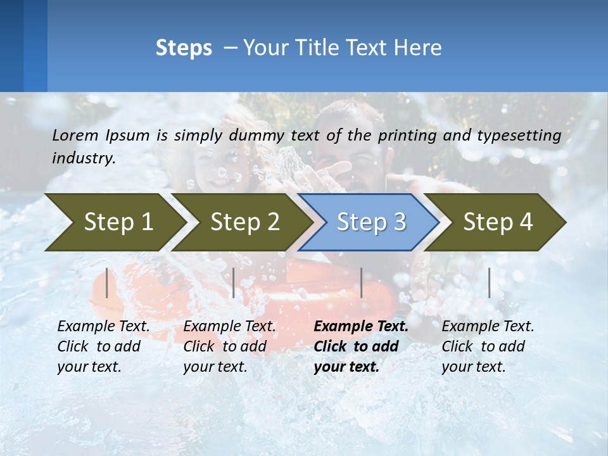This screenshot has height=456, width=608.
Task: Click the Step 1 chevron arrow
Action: click(114, 222)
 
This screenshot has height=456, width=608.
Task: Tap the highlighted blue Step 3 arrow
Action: click(370, 222)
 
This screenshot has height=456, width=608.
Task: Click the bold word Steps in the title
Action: click(184, 48)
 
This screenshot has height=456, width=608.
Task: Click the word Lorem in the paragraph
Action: click(75, 135)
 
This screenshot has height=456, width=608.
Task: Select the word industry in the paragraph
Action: click(84, 158)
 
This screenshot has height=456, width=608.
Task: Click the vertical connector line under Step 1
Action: click(106, 282)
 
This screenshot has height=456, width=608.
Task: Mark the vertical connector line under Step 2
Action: click(234, 282)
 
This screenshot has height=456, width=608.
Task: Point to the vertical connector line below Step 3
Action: click(361, 282)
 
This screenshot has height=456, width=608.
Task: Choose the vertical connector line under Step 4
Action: click(489, 282)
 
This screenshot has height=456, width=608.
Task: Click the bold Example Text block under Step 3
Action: click(360, 346)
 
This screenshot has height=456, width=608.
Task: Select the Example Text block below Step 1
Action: click(103, 346)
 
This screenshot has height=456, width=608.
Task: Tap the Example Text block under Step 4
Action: click(487, 346)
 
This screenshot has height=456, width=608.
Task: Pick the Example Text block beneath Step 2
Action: click(229, 346)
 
